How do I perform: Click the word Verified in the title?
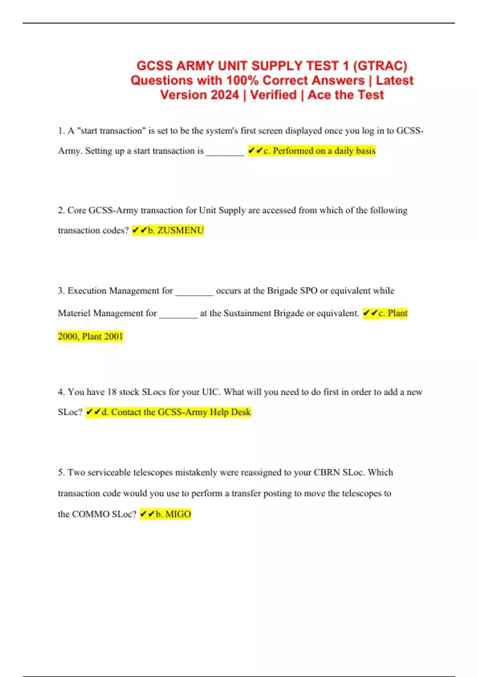pos(273,95)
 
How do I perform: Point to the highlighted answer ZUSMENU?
pos(180,231)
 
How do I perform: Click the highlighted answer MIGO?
pos(178,514)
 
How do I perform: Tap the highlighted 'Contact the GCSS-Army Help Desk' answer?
pos(181,412)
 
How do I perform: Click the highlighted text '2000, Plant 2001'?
pos(90,337)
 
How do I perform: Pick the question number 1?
pos(61,131)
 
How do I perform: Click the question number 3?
pos(61,291)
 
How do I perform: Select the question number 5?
pos(61,473)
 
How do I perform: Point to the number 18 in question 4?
pos(112,392)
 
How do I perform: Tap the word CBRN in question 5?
pos(327,473)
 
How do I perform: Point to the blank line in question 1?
pos(225,153)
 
